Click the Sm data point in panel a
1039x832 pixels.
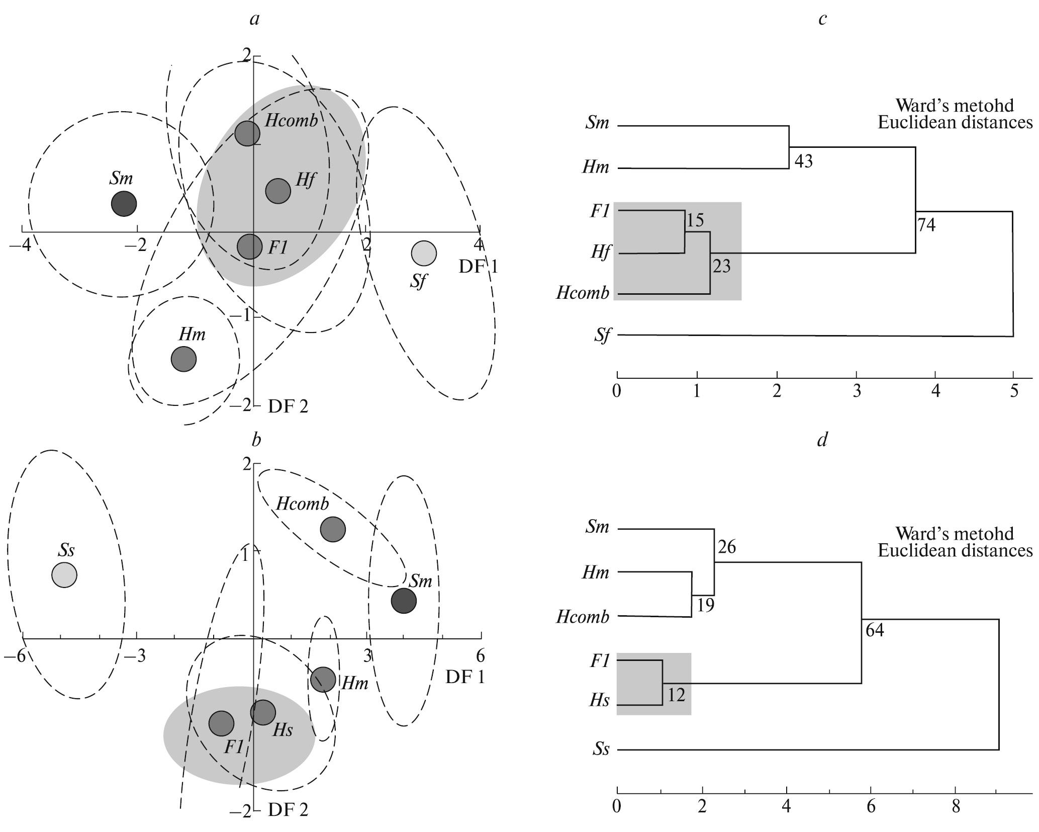coord(124,204)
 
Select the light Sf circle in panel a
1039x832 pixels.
coord(424,253)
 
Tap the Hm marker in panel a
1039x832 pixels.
coord(183,359)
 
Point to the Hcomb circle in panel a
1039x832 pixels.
coord(247,134)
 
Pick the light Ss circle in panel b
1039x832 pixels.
coord(64,574)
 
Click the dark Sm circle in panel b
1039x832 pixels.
coord(404,601)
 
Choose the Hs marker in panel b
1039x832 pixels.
coord(263,712)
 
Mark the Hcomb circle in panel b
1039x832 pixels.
coord(333,529)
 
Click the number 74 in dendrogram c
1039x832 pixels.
coord(926,226)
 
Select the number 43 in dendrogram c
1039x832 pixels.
coord(804,161)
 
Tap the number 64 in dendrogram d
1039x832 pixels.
coord(875,630)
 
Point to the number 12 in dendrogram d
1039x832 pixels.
coord(677,695)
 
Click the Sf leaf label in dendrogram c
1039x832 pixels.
coord(601,336)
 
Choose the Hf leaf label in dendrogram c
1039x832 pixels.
coord(600,252)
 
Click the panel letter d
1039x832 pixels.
coord(822,440)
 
